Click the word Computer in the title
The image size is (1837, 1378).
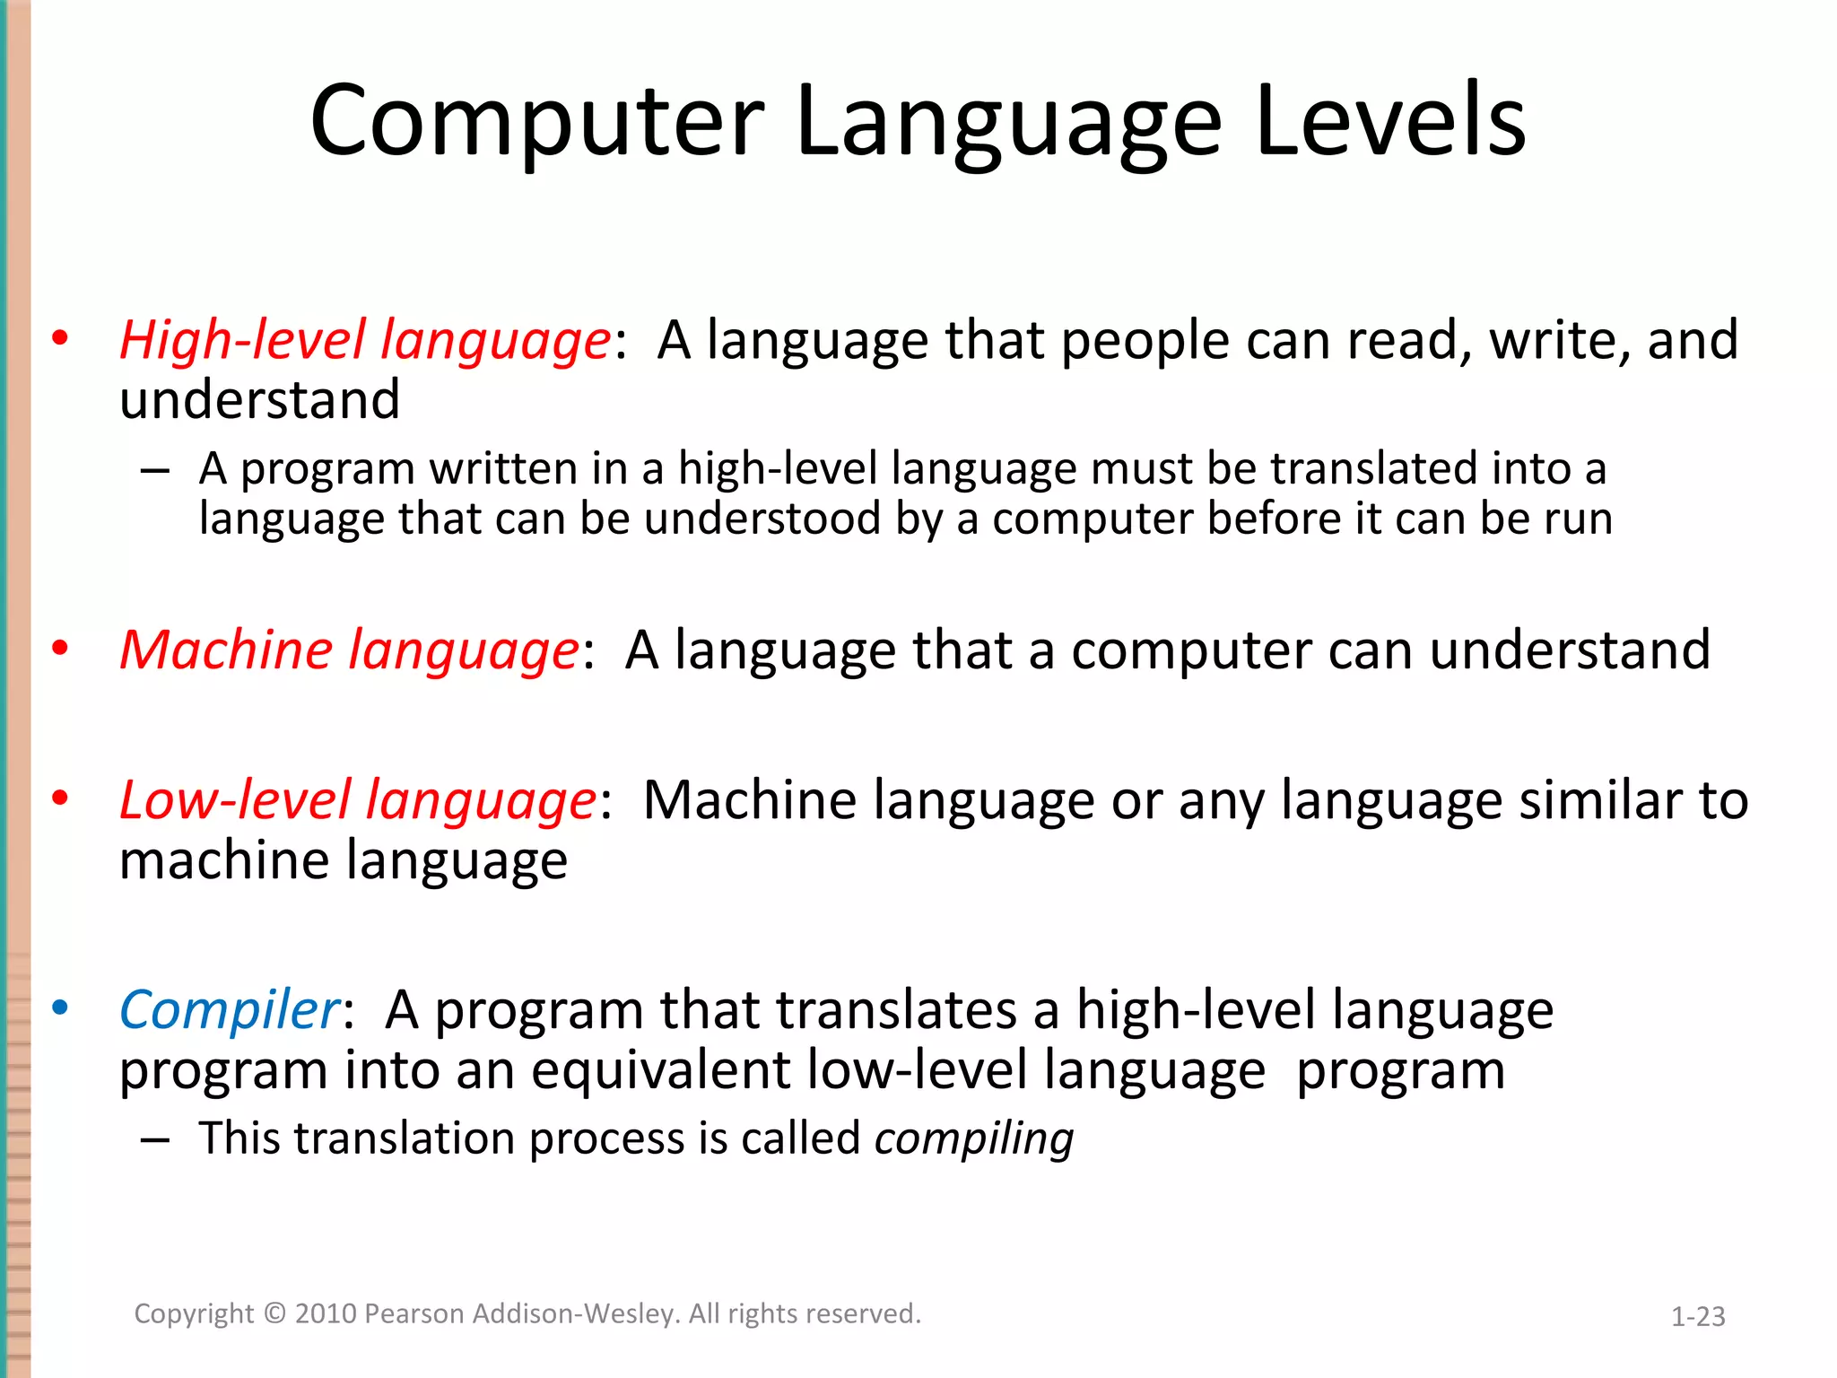click(x=536, y=121)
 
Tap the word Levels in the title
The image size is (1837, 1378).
click(x=1390, y=121)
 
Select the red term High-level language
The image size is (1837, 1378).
click(x=365, y=342)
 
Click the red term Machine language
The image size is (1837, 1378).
click(x=349, y=650)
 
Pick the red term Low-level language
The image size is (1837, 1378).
click(x=358, y=800)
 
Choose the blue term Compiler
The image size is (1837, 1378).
click(x=230, y=1011)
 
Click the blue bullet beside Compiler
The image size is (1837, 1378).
click(x=60, y=1008)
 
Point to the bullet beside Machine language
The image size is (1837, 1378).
click(x=60, y=648)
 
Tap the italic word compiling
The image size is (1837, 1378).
click(x=974, y=1139)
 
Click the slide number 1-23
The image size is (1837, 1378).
click(x=1698, y=1316)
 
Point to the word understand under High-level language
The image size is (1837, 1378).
click(x=260, y=400)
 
